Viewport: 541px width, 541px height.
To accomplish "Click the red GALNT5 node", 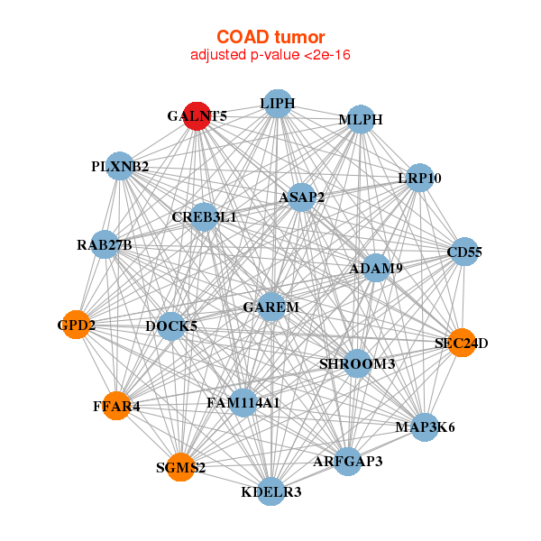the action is [197, 115].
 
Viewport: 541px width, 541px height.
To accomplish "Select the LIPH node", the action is [277, 105].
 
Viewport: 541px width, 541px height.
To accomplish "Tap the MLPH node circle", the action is [360, 120].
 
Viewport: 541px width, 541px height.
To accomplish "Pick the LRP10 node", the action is [419, 178].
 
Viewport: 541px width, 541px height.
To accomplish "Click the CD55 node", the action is [464, 252].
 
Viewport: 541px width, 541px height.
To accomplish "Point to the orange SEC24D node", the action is [461, 343].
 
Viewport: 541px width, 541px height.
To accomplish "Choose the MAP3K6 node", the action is [425, 426].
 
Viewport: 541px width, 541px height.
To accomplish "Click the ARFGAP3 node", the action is [348, 461].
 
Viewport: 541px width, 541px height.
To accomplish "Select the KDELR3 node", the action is [271, 491].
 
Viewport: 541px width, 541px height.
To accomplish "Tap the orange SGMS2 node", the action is [180, 467].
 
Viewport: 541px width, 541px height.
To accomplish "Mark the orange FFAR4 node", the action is [115, 407].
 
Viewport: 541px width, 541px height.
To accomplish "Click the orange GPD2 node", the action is [77, 324].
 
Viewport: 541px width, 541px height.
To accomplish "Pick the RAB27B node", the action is [105, 245].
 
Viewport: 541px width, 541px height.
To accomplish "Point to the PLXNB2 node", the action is [120, 167].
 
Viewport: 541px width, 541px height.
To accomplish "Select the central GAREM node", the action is [271, 307].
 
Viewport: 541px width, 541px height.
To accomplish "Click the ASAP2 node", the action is [301, 197].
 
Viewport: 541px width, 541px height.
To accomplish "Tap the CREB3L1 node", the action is [204, 217].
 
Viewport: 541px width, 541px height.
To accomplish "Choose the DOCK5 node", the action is [171, 326].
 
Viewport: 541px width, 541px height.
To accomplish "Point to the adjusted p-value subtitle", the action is [270, 56].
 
